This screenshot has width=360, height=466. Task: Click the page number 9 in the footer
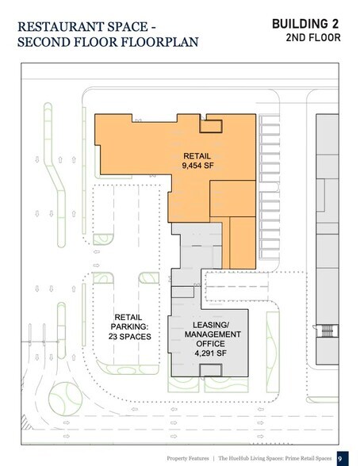[340, 459]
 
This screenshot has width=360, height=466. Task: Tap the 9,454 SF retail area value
[197, 166]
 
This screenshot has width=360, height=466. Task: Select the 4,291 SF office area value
[210, 353]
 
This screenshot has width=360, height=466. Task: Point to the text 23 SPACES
[129, 337]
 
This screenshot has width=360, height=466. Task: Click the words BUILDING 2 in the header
[305, 24]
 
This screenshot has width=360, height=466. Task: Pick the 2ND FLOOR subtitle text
[313, 38]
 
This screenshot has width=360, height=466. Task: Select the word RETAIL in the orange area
[197, 156]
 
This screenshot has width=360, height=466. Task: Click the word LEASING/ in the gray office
[211, 325]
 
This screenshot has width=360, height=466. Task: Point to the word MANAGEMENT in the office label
[213, 334]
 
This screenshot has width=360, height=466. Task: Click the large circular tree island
[65, 399]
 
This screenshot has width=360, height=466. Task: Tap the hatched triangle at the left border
[26, 422]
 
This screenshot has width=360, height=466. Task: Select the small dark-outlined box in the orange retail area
[211, 126]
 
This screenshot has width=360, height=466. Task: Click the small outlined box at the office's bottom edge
[210, 370]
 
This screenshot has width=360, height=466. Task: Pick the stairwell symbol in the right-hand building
[327, 330]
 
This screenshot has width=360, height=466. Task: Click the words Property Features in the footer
[188, 459]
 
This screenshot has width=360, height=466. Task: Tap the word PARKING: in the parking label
[129, 327]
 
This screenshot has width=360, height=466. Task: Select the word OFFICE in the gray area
[210, 344]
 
